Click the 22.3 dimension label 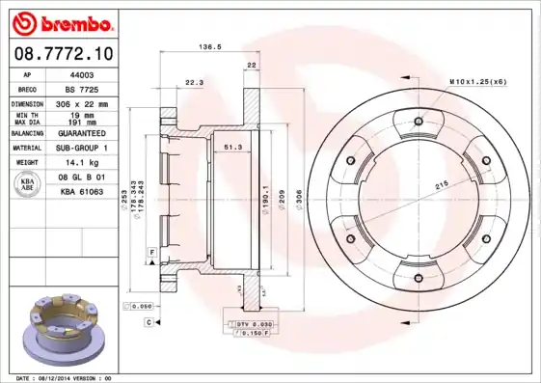click(194, 82)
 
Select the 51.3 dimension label click(232, 147)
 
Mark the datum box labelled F click(151, 252)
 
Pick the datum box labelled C click(149, 322)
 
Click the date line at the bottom click(66, 377)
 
